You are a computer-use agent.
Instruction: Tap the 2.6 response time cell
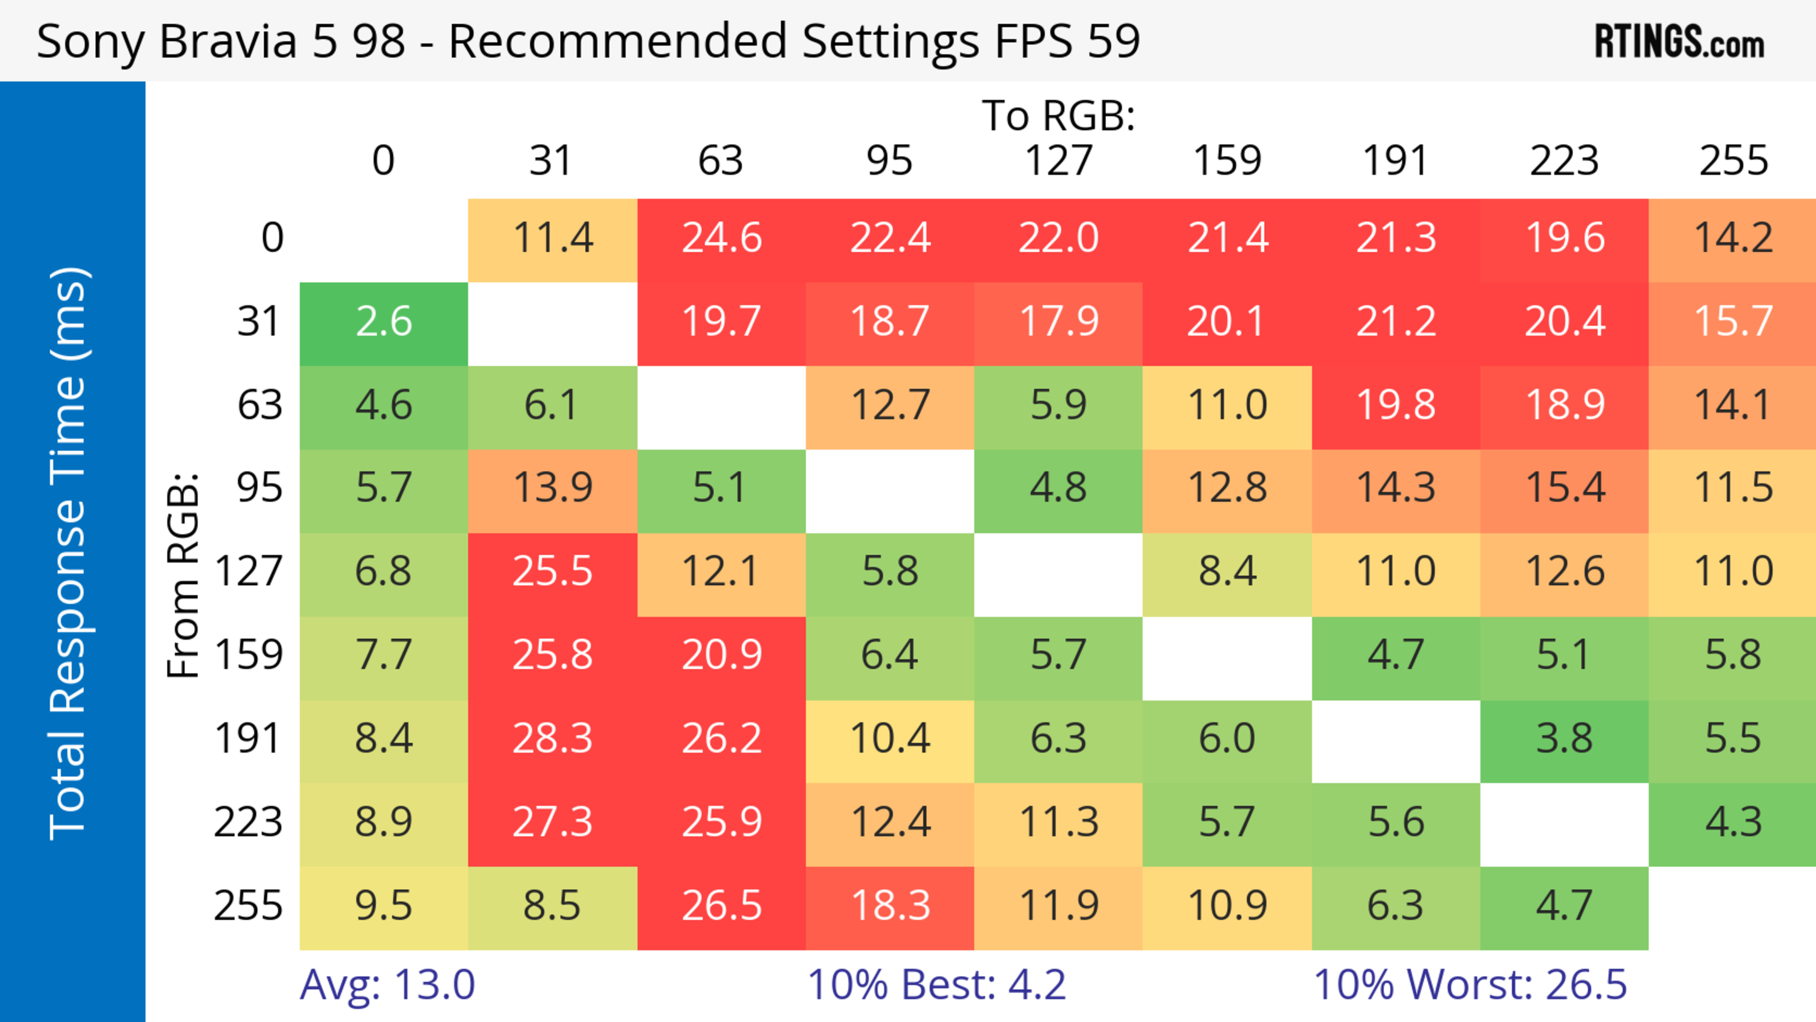(384, 322)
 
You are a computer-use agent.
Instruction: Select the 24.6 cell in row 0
(721, 237)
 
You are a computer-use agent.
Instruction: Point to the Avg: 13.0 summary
(387, 984)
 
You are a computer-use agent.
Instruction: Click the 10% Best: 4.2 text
(936, 984)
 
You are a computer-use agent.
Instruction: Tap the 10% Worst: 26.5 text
(1470, 984)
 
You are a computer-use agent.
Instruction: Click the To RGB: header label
(1058, 115)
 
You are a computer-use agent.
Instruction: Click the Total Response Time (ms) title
(69, 553)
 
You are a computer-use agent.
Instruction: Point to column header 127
(1058, 161)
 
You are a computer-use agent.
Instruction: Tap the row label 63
(260, 404)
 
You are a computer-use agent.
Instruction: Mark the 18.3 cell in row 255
(890, 906)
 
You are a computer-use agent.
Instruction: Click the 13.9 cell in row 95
(552, 488)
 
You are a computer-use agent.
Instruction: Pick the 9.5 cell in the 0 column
(384, 906)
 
